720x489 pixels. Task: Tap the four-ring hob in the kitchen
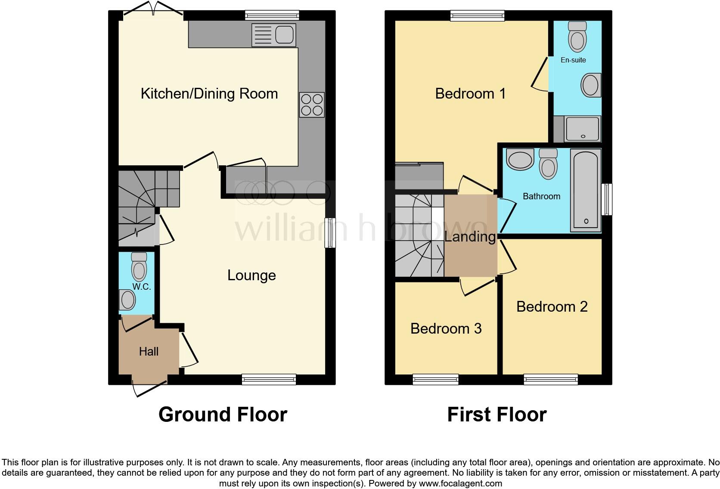point(312,105)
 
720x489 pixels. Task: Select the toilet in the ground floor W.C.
point(139,267)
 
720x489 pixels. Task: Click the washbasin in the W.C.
point(127,300)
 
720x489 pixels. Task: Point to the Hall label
point(149,352)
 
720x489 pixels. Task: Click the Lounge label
point(251,275)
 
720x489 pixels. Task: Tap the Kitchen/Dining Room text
point(209,94)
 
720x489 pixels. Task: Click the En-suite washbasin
point(590,85)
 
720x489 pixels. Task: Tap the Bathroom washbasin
point(520,159)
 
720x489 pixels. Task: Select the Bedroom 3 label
point(446,329)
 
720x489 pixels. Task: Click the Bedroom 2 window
point(550,379)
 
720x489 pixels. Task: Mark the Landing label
point(470,237)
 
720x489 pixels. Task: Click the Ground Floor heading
point(223,415)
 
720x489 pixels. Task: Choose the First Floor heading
point(497,415)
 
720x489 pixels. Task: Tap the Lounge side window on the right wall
point(330,233)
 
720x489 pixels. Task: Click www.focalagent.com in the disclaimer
point(460,483)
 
